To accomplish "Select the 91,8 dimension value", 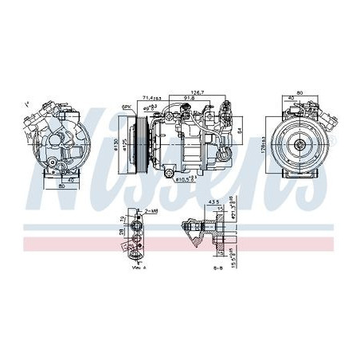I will click(190, 99).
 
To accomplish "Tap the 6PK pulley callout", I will click(126, 107).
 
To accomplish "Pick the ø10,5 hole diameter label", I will click(190, 179).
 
